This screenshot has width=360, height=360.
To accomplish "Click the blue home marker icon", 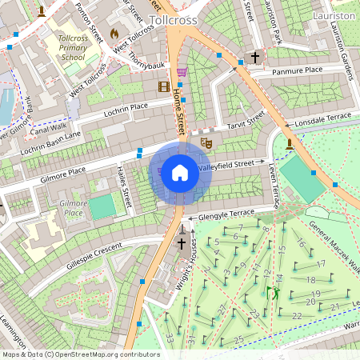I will pyautogui.click(x=180, y=173).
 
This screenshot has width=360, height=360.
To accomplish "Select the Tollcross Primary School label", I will pyautogui.click(x=73, y=47).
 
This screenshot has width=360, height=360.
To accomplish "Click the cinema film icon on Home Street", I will pyautogui.click(x=164, y=86).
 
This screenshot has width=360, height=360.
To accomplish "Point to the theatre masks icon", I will pyautogui.click(x=206, y=142).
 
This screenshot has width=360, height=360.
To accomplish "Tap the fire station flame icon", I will pyautogui.click(x=114, y=34).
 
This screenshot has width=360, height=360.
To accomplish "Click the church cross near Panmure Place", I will pyautogui.click(x=255, y=58).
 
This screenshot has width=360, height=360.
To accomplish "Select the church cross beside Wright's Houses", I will pyautogui.click(x=182, y=243).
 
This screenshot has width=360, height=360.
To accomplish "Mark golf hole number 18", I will pyautogui.click(x=311, y=280).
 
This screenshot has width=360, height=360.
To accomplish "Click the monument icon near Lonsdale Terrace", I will pyautogui.click(x=289, y=144).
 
